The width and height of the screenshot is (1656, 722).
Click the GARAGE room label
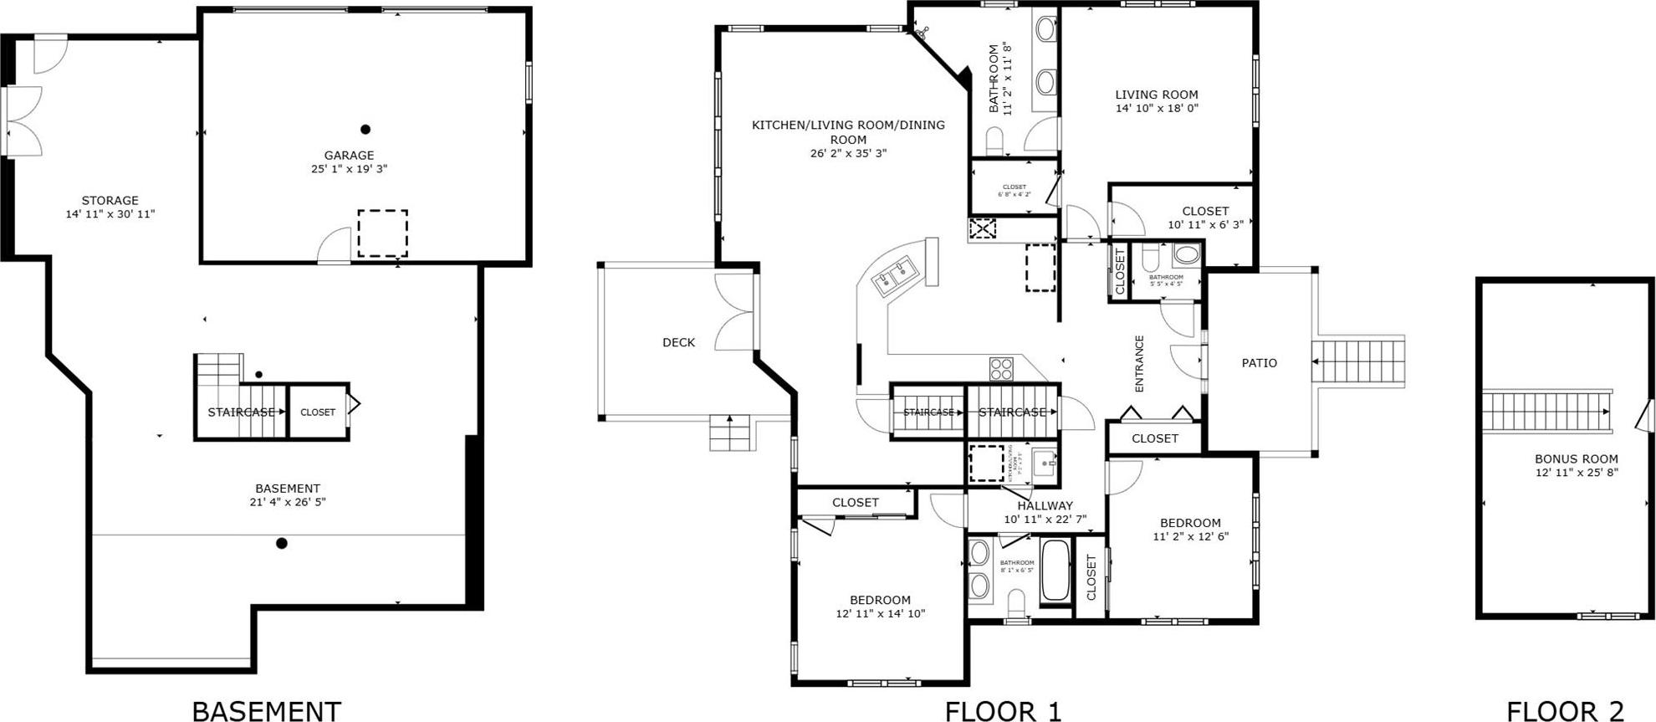point(349,155)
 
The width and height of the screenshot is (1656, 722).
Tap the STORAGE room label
point(110,200)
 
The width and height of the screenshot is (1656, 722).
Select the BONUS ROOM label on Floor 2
point(1576,458)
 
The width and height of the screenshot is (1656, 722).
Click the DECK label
point(678,342)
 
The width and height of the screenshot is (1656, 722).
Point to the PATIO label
point(1259,363)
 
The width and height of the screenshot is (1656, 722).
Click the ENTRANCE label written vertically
point(1139,363)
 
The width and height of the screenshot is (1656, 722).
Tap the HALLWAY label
point(1045,505)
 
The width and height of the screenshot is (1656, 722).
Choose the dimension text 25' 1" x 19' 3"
point(349,169)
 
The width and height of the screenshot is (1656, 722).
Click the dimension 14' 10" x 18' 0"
point(1157,108)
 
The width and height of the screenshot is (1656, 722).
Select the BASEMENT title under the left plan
point(267,711)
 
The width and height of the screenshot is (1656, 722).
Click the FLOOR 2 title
point(1564,711)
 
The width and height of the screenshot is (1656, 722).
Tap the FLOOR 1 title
point(1003,711)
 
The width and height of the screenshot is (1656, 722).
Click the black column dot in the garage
point(365,129)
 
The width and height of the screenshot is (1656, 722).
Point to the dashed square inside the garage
point(382,233)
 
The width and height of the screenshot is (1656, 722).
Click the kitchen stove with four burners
point(1001,368)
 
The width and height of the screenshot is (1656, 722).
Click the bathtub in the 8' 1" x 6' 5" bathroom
point(1055,571)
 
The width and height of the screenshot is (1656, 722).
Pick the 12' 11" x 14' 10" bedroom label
point(880,600)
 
